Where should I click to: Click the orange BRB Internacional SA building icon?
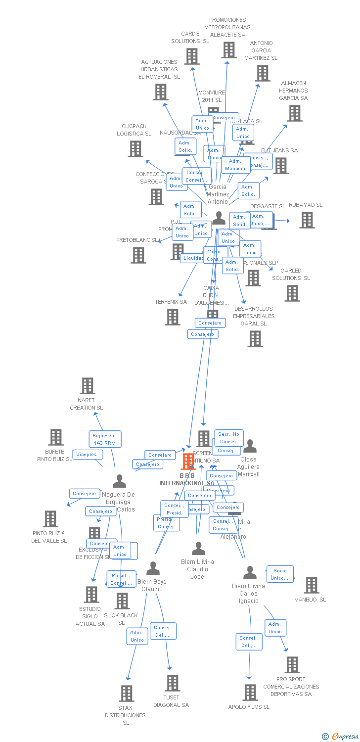click(188, 461)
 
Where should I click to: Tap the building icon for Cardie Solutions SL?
click(192, 56)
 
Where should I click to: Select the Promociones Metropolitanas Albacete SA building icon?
click(228, 50)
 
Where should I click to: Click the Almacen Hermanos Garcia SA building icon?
click(295, 113)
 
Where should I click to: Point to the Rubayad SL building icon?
click(307, 220)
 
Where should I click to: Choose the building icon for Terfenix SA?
click(173, 317)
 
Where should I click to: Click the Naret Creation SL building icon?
click(88, 386)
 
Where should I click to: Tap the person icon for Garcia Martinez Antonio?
click(219, 218)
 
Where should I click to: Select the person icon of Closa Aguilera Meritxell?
click(250, 446)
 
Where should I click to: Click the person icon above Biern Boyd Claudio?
click(153, 568)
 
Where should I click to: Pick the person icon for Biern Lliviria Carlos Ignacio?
click(250, 573)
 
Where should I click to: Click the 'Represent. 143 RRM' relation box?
click(105, 439)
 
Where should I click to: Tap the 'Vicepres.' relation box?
click(88, 455)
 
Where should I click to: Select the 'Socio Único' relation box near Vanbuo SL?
click(280, 574)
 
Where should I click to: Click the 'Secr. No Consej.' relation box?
click(228, 438)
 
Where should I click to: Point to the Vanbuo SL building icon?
click(311, 585)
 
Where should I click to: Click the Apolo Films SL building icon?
click(250, 693)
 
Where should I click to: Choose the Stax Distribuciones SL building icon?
click(127, 694)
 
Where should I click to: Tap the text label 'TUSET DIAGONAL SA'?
click(171, 701)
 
